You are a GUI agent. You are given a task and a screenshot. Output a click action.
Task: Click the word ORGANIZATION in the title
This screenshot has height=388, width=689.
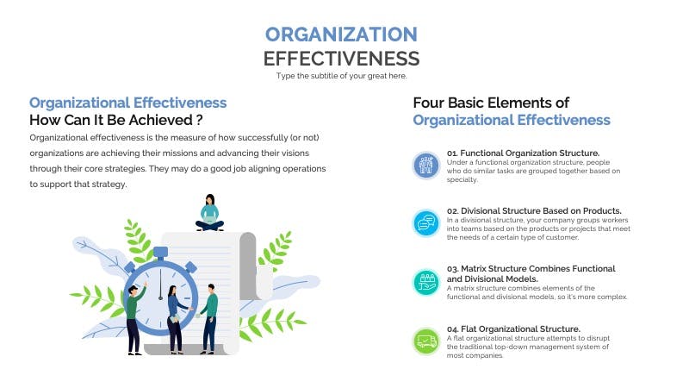[x=341, y=34]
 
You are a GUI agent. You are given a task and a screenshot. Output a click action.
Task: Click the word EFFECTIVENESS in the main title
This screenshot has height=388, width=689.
[x=341, y=59]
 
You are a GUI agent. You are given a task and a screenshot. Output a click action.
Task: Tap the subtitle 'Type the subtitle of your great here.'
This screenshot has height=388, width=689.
[x=341, y=76]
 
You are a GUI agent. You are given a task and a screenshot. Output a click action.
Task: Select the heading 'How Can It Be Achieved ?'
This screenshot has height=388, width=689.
[x=116, y=120]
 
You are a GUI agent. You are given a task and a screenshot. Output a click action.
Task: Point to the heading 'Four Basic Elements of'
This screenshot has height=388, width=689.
[x=491, y=103]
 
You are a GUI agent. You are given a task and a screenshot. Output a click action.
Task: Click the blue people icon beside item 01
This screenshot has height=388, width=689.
[x=425, y=166]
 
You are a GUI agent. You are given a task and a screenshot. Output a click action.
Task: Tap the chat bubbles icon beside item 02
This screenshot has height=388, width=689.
[x=425, y=223]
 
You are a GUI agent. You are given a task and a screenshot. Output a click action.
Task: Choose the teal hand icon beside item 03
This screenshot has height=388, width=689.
[x=425, y=282]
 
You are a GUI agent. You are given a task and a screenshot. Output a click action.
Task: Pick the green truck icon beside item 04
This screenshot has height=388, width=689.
[x=425, y=341]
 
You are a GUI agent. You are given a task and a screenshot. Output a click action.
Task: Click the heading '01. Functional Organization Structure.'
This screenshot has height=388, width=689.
[x=523, y=153]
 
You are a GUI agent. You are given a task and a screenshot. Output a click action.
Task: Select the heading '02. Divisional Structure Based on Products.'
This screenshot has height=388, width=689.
[x=534, y=210]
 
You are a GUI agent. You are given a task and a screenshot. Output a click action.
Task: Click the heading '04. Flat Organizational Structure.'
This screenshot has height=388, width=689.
[x=513, y=329]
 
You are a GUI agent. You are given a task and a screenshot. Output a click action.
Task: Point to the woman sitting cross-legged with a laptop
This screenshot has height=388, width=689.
[x=209, y=212]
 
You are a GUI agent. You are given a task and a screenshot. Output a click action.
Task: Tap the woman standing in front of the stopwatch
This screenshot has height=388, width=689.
[x=177, y=320]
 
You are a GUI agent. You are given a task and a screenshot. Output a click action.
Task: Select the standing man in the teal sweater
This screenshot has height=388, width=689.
[x=209, y=319]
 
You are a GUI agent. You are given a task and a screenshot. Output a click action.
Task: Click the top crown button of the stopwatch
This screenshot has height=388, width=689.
[x=160, y=253]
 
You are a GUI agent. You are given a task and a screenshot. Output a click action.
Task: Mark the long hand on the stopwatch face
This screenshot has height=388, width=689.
[x=160, y=285]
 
